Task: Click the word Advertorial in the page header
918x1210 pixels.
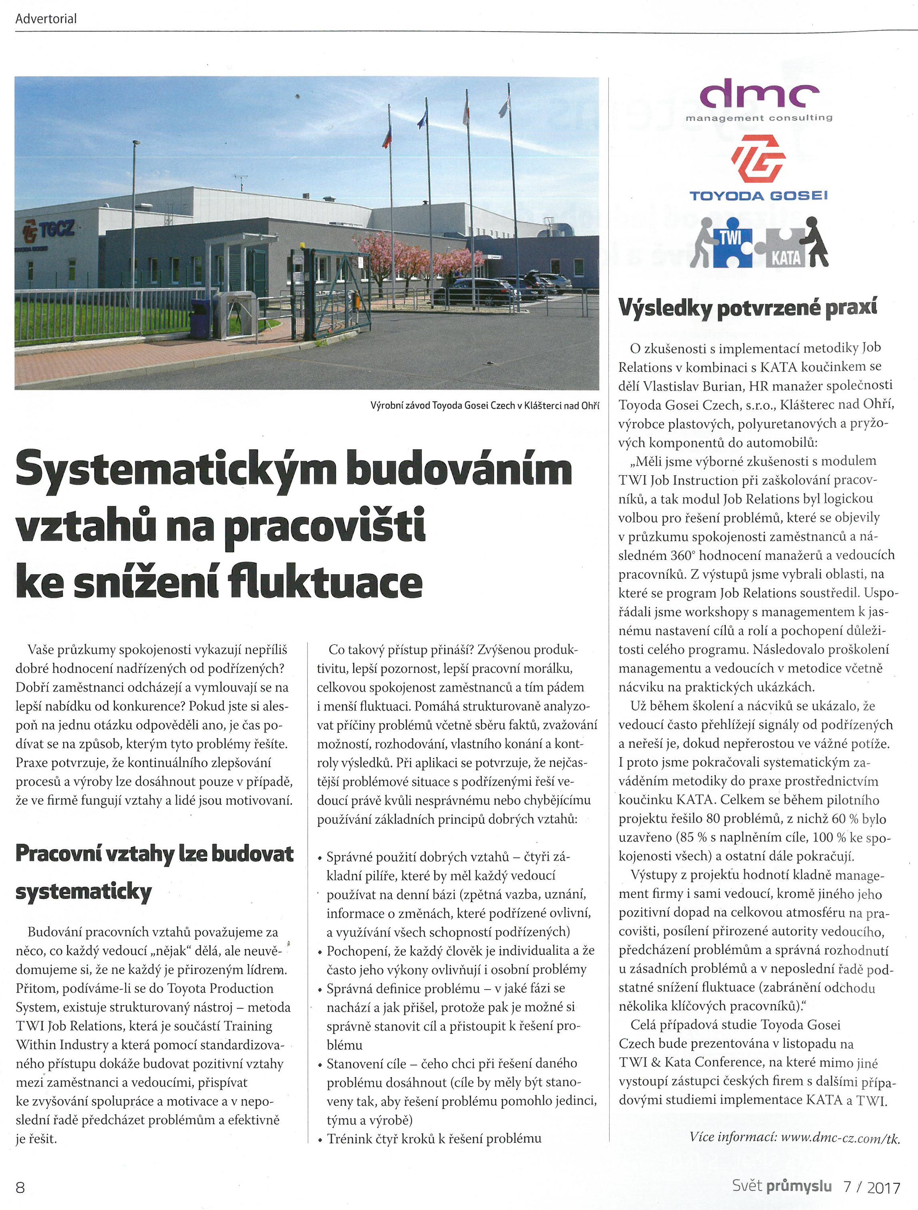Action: click(x=46, y=19)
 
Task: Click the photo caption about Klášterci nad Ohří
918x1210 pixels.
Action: click(x=484, y=405)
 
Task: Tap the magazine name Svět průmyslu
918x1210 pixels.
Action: click(x=782, y=1185)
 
